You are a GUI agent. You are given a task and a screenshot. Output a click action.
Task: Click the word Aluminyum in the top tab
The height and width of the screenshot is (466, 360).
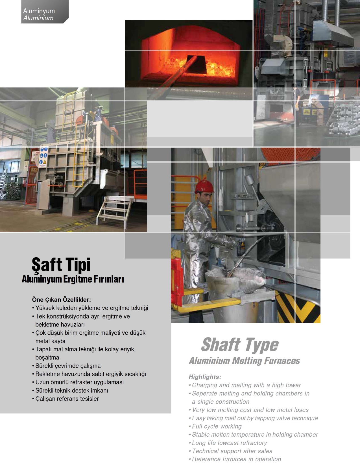(39, 11)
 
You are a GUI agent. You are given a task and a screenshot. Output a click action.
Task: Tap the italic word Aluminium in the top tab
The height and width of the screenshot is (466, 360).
(38, 18)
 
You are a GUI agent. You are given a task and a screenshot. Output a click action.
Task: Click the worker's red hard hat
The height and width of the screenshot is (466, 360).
(204, 186)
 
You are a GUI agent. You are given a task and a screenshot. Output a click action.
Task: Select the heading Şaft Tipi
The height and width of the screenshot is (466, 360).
(61, 265)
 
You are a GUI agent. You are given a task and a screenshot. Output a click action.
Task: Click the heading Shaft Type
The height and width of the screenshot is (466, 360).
(240, 345)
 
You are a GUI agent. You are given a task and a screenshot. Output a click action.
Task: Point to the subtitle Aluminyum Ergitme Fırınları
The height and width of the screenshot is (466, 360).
(73, 279)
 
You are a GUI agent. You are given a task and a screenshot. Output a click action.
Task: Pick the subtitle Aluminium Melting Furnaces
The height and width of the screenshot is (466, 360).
(244, 361)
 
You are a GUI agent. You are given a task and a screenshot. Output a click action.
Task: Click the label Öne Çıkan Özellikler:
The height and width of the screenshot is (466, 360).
(61, 300)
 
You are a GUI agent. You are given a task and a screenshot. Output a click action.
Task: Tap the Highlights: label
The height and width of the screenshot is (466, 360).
(205, 377)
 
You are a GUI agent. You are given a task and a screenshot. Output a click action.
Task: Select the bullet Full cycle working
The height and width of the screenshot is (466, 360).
(217, 426)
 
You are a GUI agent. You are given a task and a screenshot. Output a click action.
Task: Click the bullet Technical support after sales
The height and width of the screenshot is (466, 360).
(232, 451)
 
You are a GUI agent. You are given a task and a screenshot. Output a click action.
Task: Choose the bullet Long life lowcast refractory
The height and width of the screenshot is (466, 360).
(229, 443)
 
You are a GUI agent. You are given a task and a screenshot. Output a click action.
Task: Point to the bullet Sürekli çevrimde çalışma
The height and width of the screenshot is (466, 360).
(68, 366)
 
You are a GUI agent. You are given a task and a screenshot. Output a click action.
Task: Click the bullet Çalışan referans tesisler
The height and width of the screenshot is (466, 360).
(67, 399)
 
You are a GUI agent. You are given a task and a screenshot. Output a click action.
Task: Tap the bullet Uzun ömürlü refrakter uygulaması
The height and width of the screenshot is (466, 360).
(79, 382)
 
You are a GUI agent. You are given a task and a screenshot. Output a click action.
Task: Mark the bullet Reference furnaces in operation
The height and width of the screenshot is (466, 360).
(236, 459)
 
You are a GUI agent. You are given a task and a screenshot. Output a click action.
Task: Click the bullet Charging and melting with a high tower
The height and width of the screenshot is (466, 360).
(246, 385)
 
